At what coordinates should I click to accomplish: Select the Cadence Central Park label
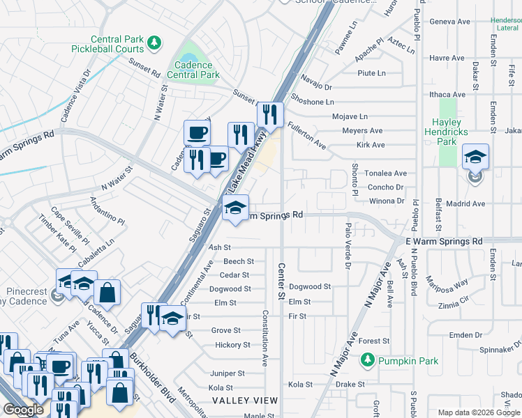point(193,70)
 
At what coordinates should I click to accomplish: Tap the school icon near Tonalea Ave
point(475,157)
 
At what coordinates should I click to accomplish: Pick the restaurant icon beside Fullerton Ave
point(269,114)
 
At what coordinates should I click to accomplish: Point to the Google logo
point(23,409)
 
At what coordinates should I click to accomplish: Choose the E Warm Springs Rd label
point(444,241)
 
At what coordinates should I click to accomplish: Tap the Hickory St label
point(232,345)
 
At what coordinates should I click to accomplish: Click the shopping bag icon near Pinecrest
point(107,293)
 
